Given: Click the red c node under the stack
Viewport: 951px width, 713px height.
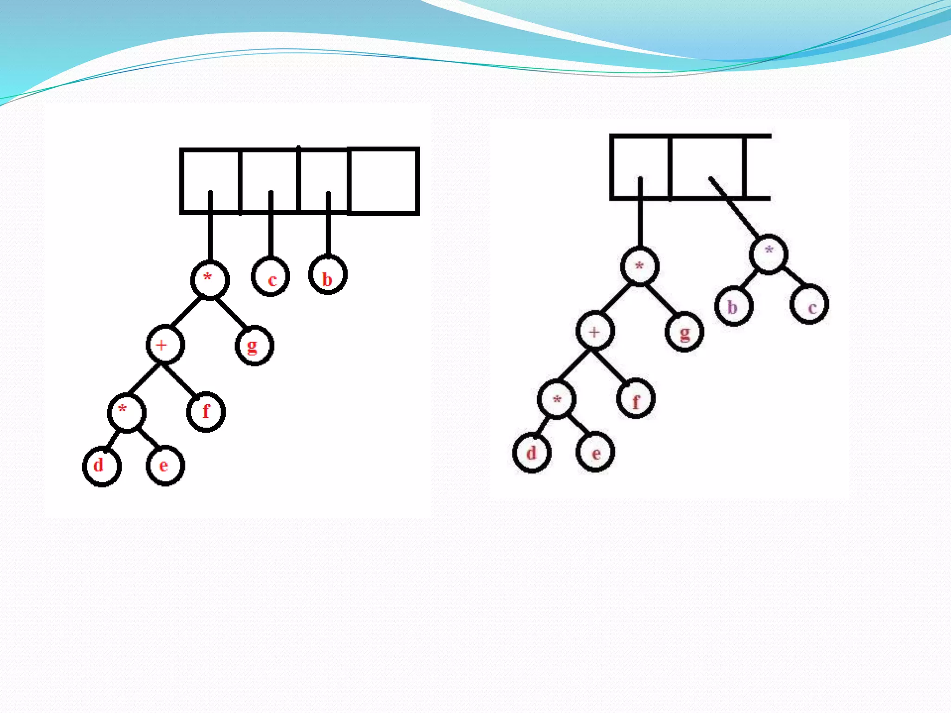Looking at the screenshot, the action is pyautogui.click(x=271, y=277).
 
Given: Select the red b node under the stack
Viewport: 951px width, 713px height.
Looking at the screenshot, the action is pyautogui.click(x=328, y=275).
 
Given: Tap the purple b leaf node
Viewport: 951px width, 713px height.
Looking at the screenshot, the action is pyautogui.click(x=734, y=306).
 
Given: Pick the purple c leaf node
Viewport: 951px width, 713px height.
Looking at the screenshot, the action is pyautogui.click(x=809, y=305).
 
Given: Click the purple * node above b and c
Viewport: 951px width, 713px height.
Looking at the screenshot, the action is pyautogui.click(x=769, y=254).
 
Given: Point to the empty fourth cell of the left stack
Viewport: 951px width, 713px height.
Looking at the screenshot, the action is pyautogui.click(x=384, y=181).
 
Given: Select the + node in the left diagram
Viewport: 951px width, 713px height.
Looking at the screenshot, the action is pyautogui.click(x=165, y=345).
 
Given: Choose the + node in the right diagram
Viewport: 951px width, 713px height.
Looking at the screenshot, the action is pyautogui.click(x=595, y=331).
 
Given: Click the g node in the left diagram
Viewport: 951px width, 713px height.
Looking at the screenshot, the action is pyautogui.click(x=254, y=346).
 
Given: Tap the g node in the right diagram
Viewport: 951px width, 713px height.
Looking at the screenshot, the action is pyautogui.click(x=684, y=332).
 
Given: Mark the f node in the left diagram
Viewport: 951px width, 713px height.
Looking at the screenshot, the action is pyautogui.click(x=206, y=412).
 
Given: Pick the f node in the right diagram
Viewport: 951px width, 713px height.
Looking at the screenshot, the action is pyautogui.click(x=636, y=399).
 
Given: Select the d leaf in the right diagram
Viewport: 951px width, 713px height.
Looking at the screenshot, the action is pyautogui.click(x=532, y=453).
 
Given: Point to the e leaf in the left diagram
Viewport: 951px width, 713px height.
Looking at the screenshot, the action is pyautogui.click(x=165, y=466).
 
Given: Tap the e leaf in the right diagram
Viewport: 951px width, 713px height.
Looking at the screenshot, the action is pyautogui.click(x=595, y=452).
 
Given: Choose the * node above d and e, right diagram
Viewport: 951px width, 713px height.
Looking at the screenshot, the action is pyautogui.click(x=556, y=399).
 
